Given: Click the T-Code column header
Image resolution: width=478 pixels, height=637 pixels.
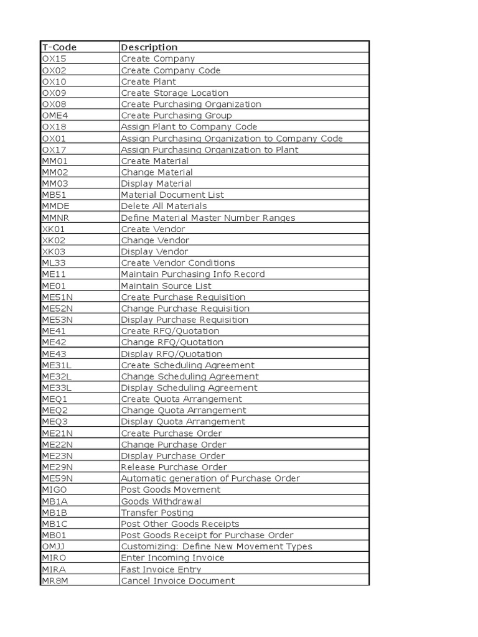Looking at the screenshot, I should coord(59,47).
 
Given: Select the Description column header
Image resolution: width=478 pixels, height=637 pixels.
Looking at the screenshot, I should coord(149,47).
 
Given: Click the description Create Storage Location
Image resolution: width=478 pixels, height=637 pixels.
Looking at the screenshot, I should coord(174,93).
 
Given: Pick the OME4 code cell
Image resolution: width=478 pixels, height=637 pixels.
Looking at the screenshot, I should coord(54,115).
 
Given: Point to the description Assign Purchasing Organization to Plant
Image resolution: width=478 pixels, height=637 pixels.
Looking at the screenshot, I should coord(209,149).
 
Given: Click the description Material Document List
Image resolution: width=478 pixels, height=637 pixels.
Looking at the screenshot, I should coord(172,195).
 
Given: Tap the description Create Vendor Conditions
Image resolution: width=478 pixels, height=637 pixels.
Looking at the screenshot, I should coord(178,263).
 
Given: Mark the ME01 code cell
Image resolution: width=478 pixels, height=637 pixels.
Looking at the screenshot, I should coord(54,286).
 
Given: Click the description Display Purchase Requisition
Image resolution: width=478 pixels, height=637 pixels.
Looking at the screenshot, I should coord(184,320).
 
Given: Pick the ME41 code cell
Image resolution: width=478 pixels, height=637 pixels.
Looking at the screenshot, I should coord(54,331).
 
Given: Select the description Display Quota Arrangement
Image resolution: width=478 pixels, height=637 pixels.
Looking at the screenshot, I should coord(183,422).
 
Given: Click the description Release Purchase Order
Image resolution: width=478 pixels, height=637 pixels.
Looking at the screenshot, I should coord(174,467).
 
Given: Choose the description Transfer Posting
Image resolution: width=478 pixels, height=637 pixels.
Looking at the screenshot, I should coord(157,513).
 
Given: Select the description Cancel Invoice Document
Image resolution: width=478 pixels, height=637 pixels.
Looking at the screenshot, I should coord(178,580).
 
